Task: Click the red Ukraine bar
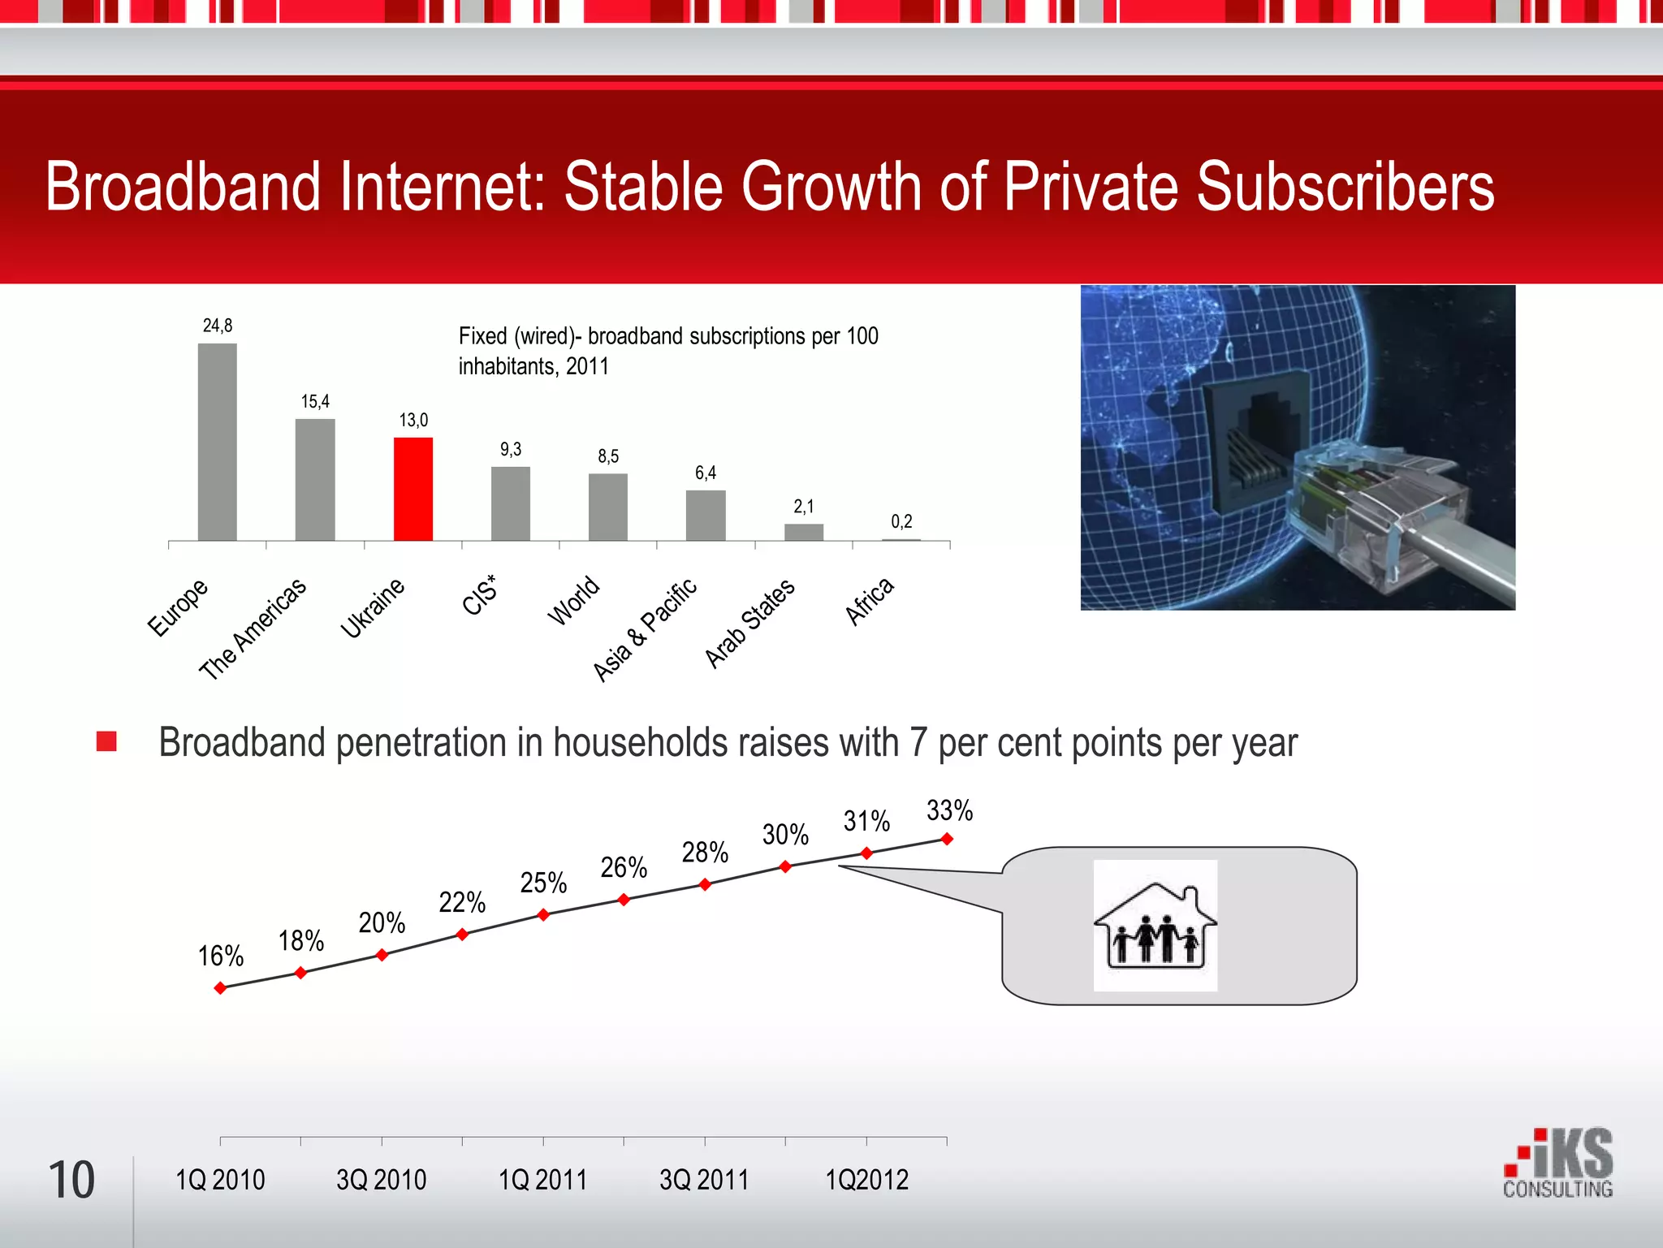coord(413,489)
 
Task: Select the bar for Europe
coord(218,442)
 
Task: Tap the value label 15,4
coord(315,402)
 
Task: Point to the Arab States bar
coord(804,532)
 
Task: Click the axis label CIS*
coord(479,595)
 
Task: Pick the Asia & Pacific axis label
coord(645,630)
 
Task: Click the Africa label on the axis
coord(870,601)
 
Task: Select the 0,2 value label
coord(901,521)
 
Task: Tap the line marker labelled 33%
coord(947,839)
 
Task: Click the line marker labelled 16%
coord(220,988)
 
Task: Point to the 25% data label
coord(543,883)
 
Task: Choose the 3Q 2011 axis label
coord(704,1180)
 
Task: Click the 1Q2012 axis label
coord(866,1180)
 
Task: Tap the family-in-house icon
coord(1155,926)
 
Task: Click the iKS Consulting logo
coord(1557,1164)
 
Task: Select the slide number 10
coord(71,1180)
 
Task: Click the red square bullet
coord(106,741)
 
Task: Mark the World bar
coord(608,507)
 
